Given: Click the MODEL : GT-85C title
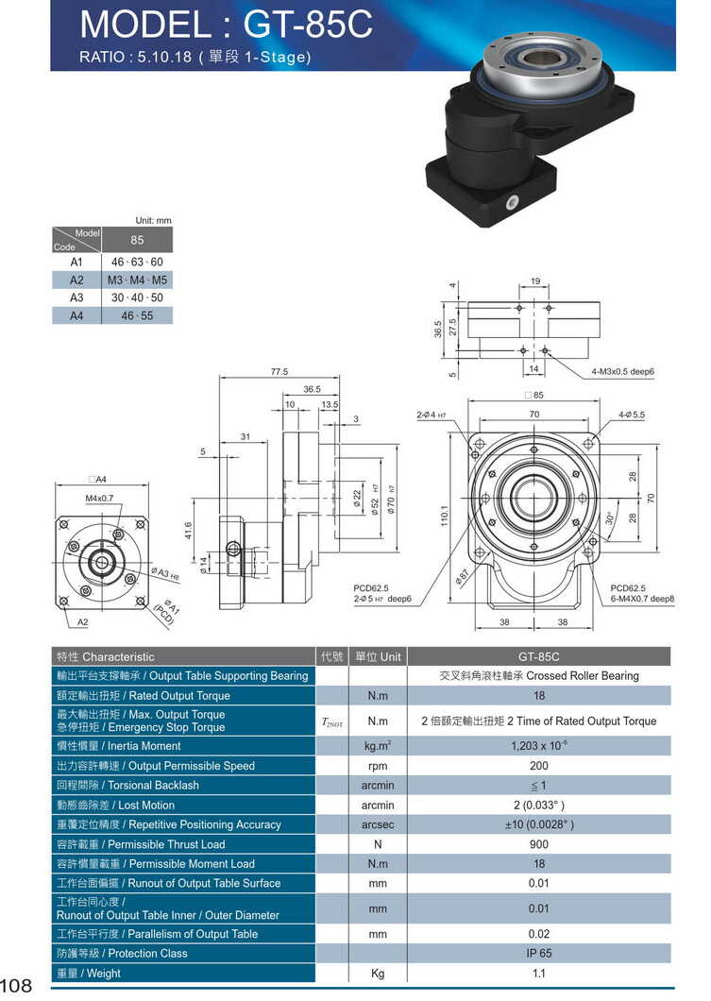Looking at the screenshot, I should click(226, 24).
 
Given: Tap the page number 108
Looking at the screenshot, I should click(17, 986).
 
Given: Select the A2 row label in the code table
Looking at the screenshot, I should click(76, 280).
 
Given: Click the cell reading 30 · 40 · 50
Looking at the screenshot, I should click(137, 297).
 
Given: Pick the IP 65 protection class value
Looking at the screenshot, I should click(538, 954).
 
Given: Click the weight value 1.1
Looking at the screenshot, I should click(538, 974).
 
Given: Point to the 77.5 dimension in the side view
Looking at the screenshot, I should click(279, 371).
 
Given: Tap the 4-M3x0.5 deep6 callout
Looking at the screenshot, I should click(623, 371).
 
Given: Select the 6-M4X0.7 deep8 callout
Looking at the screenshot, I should click(642, 599).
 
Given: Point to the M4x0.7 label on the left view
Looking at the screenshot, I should click(99, 498).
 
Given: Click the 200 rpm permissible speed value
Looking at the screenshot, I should click(538, 766).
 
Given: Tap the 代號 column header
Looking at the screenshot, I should click(331, 656).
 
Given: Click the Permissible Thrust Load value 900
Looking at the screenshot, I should click(538, 844).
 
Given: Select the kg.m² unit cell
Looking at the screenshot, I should click(378, 746).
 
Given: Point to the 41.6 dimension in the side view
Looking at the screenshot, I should click(188, 533).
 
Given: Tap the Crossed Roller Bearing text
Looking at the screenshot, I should click(538, 676).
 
